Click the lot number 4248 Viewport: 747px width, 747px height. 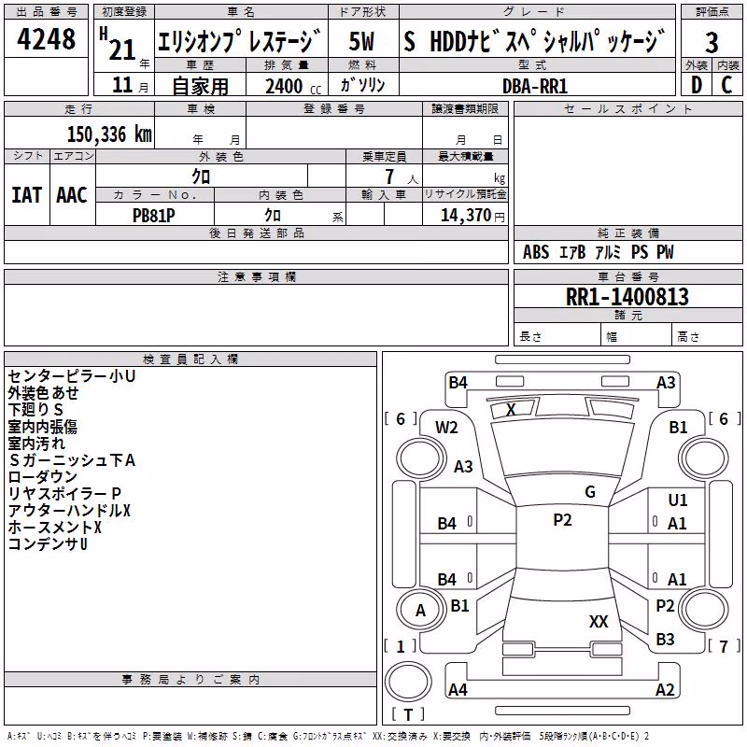46,38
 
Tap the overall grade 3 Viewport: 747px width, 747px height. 712,42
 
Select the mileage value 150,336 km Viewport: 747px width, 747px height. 109,134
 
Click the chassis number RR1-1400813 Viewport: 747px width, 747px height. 627,296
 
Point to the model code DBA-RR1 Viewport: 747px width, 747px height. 535,86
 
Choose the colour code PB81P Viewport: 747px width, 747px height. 153,216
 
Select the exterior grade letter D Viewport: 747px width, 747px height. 697,85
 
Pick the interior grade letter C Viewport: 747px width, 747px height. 726,85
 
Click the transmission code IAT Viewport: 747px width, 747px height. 26,195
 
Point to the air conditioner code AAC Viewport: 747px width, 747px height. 72,195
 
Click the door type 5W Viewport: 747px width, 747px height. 361,41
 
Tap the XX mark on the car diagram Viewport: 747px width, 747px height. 599,621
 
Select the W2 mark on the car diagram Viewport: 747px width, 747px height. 446,428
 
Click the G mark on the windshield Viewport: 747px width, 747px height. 590,491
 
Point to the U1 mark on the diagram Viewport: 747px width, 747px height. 678,500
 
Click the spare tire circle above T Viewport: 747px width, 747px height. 408,683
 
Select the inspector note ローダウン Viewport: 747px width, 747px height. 42,477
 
